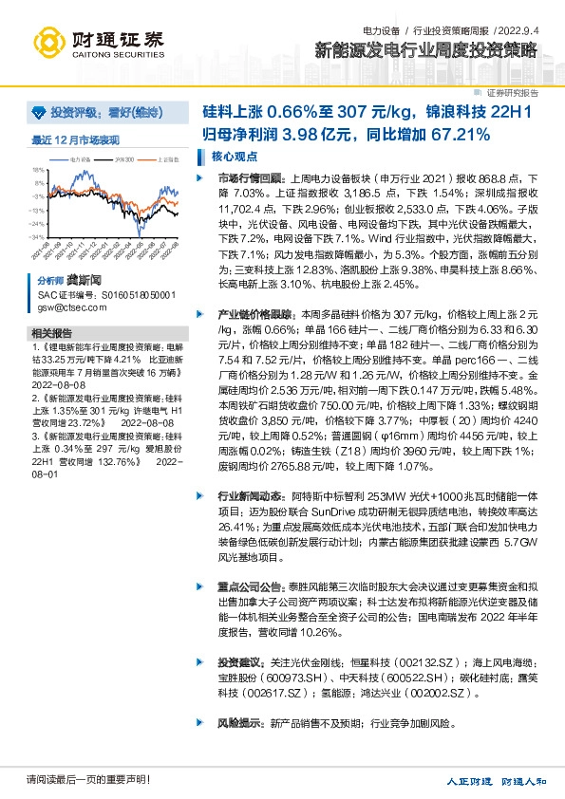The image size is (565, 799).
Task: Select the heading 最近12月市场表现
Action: pyautogui.click(x=76, y=139)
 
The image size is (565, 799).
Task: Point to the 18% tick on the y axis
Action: pyautogui.click(x=39, y=170)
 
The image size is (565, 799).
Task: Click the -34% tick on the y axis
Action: pyautogui.click(x=38, y=236)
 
